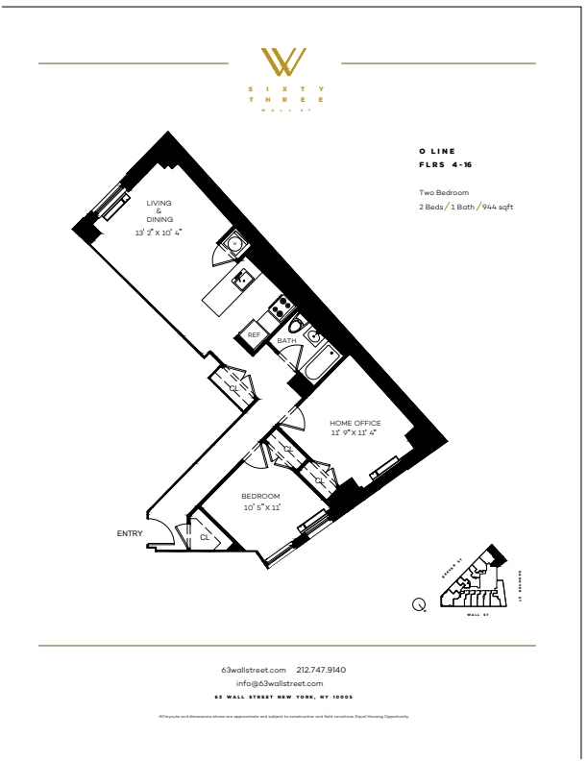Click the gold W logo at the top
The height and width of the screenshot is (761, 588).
coord(285,62)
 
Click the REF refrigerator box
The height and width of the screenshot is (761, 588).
coord(254,334)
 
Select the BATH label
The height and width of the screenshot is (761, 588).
coord(286,341)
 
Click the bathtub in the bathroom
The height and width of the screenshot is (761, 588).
coord(317,362)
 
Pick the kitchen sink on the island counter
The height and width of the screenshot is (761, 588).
coord(244,281)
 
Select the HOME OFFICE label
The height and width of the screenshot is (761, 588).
coord(355,423)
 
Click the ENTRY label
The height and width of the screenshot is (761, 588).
coord(130,532)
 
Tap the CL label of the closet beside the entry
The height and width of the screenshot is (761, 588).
coord(205,538)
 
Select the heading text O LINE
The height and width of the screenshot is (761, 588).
coord(436,152)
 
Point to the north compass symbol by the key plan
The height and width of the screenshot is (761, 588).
coord(420,603)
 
